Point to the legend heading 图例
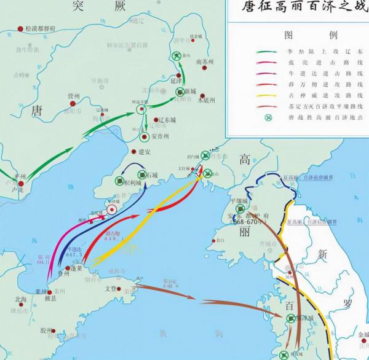coord(298,34)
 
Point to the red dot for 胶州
coord(54,331)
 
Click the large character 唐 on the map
coord(36,110)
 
